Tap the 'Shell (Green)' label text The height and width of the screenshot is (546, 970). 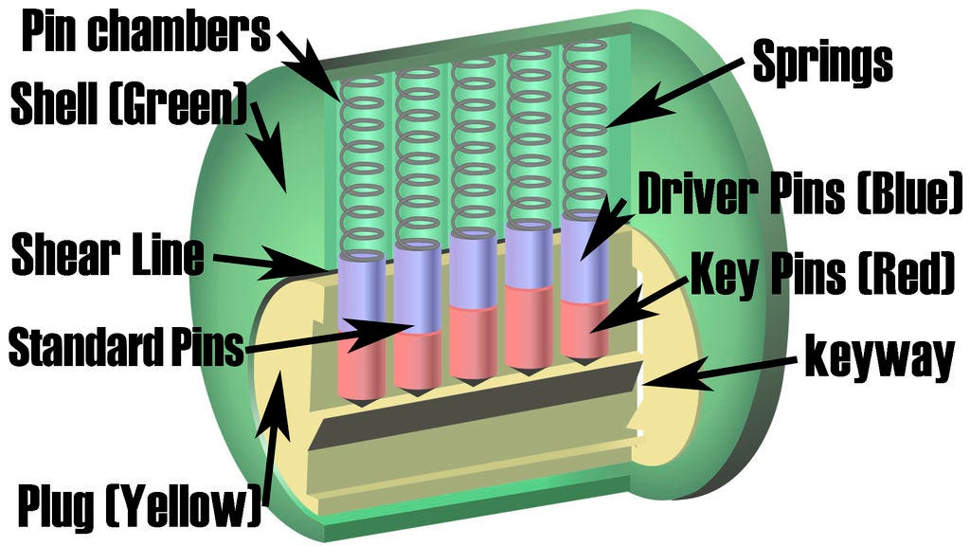coord(128,107)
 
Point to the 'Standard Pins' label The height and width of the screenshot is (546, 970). coord(126,347)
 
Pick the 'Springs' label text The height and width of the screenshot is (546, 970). coord(821,63)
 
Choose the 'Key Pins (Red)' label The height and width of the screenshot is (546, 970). coord(819,275)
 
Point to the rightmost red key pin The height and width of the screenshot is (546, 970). coord(584,328)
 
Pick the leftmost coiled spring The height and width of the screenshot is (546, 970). coord(362,166)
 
